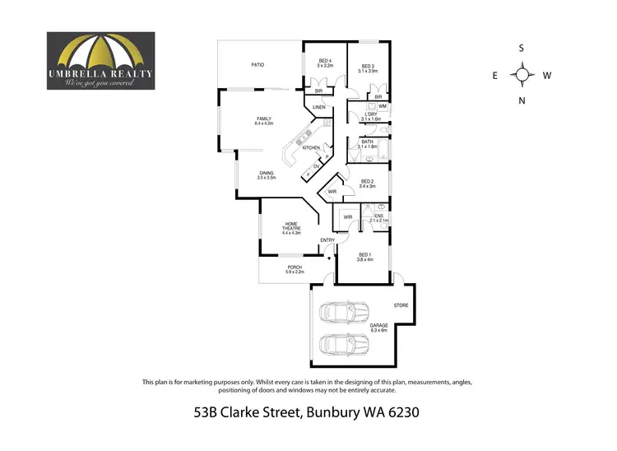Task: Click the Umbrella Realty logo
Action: (100, 60)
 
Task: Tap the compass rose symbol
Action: (521, 75)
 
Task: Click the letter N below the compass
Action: (521, 101)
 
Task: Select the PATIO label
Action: (257, 64)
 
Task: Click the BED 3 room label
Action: (368, 67)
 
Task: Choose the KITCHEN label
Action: (311, 147)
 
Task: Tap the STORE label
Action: (401, 305)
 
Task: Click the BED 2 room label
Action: (367, 183)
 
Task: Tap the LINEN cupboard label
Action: (318, 108)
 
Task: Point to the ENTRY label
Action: (327, 240)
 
